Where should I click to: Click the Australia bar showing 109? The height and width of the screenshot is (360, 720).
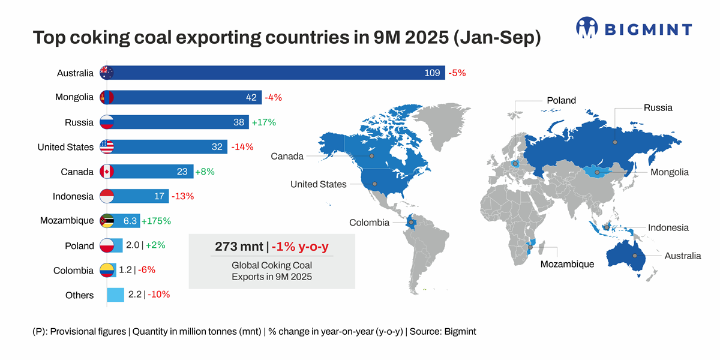click(276, 73)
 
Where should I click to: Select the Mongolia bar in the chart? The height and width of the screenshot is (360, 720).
click(186, 98)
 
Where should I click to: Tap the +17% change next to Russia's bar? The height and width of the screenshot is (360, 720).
click(263, 122)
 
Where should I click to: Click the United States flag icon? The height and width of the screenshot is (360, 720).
click(106, 147)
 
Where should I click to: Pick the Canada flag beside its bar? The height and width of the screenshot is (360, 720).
click(106, 172)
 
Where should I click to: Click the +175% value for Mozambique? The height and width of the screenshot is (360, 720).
click(156, 221)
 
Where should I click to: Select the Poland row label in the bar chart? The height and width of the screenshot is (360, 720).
click(79, 246)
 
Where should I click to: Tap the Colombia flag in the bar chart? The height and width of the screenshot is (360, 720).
click(106, 270)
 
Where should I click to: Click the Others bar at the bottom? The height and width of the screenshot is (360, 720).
click(115, 295)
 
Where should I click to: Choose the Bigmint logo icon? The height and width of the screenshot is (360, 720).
click(587, 28)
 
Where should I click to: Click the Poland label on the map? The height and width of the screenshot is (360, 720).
click(561, 101)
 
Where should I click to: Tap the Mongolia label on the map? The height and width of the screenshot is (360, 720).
click(670, 172)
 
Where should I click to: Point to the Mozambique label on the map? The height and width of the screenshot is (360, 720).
click(567, 264)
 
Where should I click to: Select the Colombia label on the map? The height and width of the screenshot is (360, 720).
click(369, 223)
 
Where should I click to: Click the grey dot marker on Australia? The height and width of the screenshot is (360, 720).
click(634, 256)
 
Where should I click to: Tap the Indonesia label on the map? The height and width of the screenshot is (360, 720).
click(668, 228)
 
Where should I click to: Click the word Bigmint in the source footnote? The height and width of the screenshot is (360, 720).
click(460, 331)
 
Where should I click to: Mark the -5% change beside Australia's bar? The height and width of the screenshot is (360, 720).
click(457, 73)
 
